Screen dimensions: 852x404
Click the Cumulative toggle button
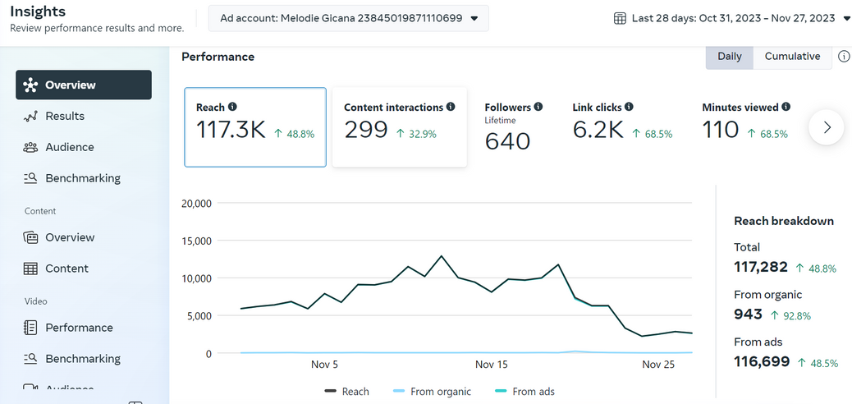792,57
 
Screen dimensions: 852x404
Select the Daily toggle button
729,57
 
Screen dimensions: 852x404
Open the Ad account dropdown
348,19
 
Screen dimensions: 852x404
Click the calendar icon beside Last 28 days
620,19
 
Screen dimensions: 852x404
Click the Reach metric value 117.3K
231,130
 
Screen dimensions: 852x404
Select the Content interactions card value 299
366,130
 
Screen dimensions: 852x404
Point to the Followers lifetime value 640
507,141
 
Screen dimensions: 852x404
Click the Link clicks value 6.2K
598,130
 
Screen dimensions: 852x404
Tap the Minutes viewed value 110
721,130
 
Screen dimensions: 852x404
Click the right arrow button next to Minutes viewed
827,127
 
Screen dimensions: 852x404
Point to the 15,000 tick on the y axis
195,241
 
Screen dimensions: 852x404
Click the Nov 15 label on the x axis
491,365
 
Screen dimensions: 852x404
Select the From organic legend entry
431,392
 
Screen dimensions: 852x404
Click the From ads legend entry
524,392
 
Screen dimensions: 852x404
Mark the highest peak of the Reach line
442,255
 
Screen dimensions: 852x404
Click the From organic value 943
749,314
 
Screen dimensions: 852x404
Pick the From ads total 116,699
762,361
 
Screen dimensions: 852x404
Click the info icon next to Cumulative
844,57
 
